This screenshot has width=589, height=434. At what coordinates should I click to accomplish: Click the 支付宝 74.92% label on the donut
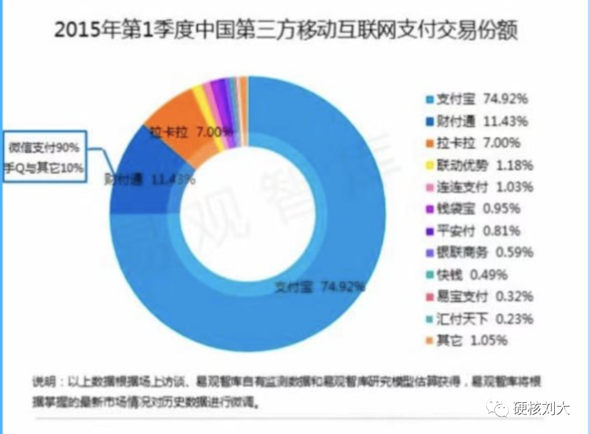[x=320, y=287]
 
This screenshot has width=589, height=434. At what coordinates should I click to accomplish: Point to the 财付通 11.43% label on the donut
[x=149, y=180]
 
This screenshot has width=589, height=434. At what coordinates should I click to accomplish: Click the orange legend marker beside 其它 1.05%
[x=428, y=340]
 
